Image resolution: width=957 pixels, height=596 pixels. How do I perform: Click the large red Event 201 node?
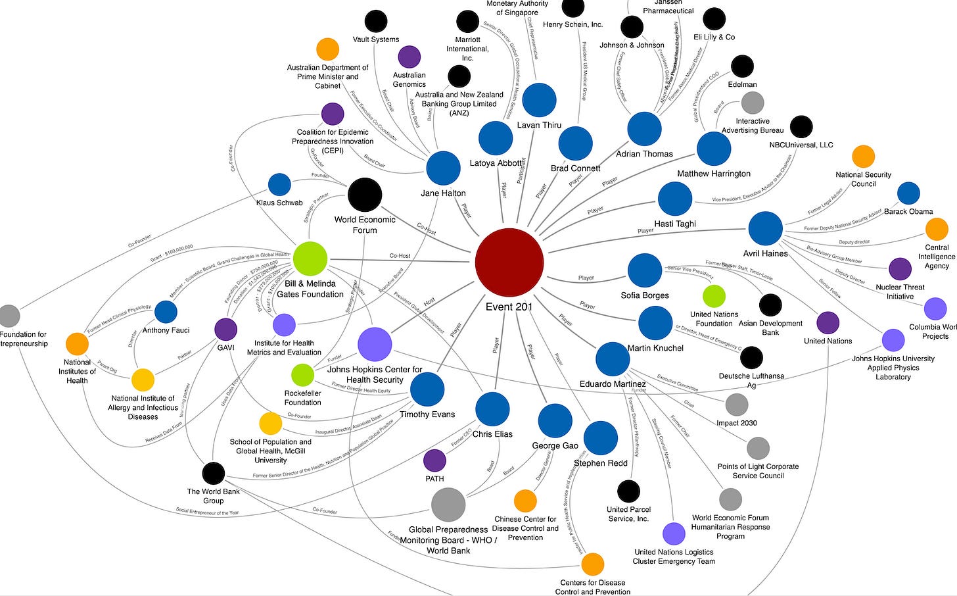(509, 262)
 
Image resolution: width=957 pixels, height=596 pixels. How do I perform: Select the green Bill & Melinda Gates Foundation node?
(310, 259)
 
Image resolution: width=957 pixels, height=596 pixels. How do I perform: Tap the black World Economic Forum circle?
(365, 195)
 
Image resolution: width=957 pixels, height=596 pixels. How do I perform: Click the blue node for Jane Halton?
(443, 168)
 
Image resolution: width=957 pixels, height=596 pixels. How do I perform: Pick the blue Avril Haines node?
(765, 229)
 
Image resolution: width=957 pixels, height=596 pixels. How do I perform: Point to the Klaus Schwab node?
(279, 185)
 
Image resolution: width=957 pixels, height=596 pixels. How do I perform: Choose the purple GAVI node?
(225, 330)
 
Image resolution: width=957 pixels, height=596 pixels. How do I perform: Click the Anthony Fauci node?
(166, 312)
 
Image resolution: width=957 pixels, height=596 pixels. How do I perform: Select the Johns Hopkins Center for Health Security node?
(375, 344)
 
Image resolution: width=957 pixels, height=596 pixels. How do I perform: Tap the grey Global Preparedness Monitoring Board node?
(448, 505)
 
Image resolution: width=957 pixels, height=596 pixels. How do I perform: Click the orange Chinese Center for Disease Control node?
(525, 501)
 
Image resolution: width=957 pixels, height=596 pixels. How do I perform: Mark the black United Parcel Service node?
(628, 491)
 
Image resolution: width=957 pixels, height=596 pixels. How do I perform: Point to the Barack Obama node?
(908, 193)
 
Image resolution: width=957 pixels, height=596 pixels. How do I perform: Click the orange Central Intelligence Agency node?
(937, 229)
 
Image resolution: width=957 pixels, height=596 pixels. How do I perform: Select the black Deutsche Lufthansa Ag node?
(751, 357)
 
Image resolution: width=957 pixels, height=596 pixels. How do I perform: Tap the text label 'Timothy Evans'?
(427, 414)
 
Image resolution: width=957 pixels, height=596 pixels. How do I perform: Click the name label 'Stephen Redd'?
(601, 463)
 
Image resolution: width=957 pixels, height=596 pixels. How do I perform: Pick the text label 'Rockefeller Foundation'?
(303, 398)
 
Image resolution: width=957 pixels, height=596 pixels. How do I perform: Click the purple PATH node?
(434, 460)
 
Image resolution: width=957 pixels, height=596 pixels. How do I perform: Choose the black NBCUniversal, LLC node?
(801, 126)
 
